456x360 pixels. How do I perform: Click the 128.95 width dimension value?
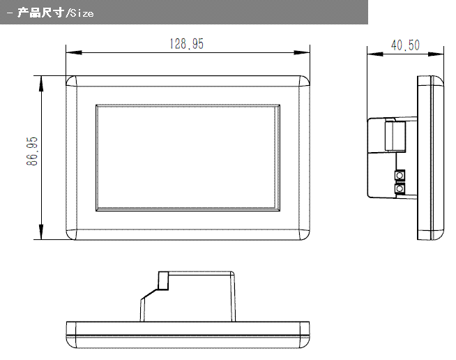coord(187,44)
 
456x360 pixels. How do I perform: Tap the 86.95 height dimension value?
coord(32,151)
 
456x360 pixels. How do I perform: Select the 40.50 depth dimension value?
coord(405,45)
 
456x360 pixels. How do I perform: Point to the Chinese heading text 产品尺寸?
coord(41,13)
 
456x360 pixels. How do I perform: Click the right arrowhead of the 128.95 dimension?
coord(302,53)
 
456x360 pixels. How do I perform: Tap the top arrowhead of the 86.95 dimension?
coord(41,84)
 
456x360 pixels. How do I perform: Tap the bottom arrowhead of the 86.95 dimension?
coord(41,232)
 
